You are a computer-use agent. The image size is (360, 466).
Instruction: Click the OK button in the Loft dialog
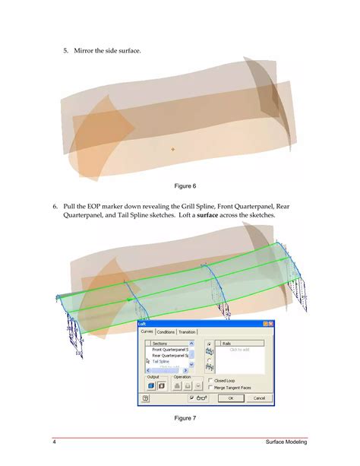[230, 398]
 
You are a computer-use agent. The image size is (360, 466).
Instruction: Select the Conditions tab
[165, 331]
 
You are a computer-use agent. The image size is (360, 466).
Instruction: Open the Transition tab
[186, 331]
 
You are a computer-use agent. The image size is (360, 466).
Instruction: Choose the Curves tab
[147, 331]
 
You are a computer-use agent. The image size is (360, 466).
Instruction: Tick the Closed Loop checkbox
[210, 380]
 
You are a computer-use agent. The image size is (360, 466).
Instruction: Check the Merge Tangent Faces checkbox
[210, 387]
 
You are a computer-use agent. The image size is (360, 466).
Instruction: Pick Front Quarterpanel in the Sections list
[170, 349]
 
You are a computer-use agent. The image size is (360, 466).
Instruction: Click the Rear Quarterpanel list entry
[170, 355]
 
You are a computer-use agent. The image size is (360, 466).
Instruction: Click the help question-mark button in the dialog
[144, 398]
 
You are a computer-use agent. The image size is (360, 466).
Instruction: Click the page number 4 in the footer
[55, 443]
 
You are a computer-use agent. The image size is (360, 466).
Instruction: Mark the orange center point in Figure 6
[172, 149]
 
